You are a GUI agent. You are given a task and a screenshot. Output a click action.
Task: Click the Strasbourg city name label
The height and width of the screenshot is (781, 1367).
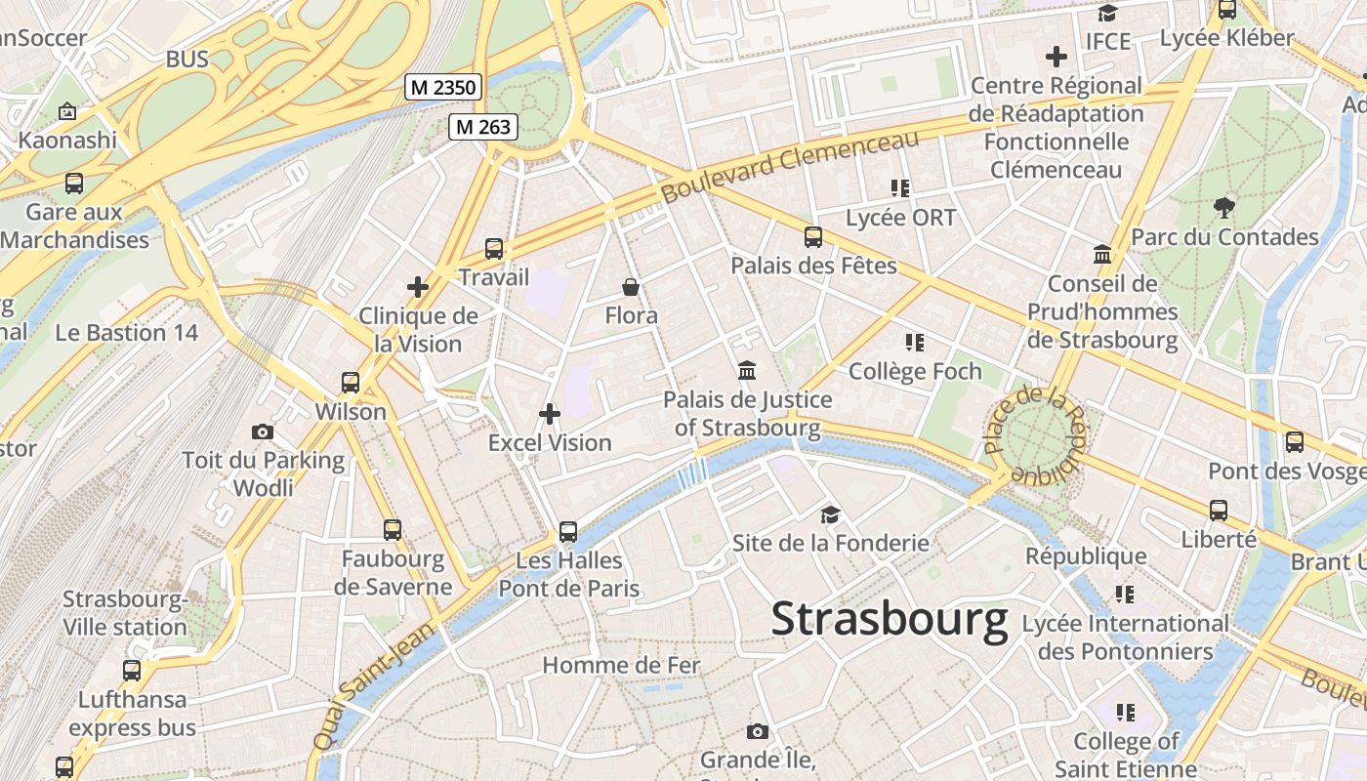tap(890, 620)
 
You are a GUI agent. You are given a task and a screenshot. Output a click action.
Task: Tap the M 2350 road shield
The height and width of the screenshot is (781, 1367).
tap(443, 88)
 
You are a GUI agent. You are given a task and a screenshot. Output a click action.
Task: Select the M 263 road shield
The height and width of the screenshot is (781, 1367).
tap(482, 126)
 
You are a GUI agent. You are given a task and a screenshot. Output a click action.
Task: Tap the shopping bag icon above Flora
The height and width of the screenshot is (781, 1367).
tap(631, 287)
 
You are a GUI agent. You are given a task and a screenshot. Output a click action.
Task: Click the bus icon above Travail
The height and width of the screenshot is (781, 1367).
tap(494, 249)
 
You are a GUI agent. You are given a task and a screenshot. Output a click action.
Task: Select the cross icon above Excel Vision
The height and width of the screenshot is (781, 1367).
tap(550, 414)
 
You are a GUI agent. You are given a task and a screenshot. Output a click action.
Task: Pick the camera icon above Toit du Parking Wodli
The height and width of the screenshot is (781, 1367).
tap(263, 432)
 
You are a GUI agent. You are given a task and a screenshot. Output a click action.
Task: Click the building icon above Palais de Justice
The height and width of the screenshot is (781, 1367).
tap(748, 371)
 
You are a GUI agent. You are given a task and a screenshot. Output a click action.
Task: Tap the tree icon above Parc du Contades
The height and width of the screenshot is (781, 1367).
tap(1223, 207)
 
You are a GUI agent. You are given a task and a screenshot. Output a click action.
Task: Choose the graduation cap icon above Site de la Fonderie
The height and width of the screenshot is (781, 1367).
tap(830, 514)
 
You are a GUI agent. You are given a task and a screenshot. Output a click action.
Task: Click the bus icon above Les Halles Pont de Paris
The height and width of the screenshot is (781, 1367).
tap(568, 532)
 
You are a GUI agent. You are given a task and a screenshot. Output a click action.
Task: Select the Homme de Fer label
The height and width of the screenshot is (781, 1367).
tap(621, 666)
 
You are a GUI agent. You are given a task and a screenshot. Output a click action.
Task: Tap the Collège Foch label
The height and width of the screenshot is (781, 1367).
tap(915, 371)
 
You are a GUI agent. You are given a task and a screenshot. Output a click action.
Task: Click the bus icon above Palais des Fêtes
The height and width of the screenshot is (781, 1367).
tap(813, 236)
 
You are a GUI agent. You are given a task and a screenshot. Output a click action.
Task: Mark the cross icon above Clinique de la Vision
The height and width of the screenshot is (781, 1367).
tap(418, 287)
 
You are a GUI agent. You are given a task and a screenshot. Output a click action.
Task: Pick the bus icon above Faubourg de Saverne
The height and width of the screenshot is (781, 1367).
tap(393, 530)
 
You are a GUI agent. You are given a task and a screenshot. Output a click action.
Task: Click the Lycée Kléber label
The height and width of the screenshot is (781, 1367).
tap(1226, 38)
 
